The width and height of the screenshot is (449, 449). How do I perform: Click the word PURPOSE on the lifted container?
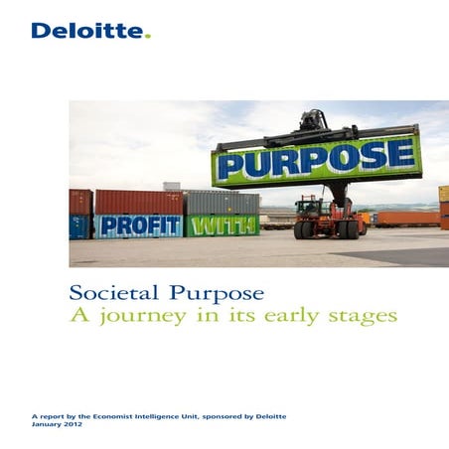(316, 159)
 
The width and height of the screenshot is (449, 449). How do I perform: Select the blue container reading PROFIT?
(138, 225)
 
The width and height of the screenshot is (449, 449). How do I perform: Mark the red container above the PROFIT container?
(138, 202)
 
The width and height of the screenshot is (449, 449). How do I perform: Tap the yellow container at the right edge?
(443, 193)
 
